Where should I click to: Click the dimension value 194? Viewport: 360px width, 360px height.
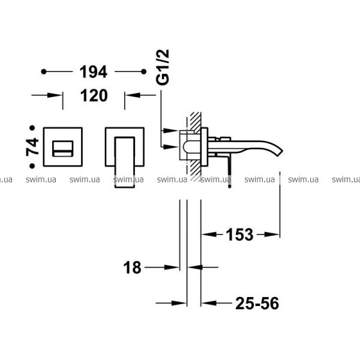click(93, 72)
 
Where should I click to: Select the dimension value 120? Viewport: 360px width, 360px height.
click(94, 95)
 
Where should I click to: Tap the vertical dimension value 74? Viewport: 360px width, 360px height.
click(32, 147)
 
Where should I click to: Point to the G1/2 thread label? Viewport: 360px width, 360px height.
click(163, 67)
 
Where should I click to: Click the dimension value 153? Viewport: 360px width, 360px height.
click(239, 235)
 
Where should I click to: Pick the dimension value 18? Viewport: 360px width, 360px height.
click(132, 268)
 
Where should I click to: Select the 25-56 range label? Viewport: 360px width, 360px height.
click(257, 303)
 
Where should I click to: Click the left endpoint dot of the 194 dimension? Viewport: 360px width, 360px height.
click(44, 72)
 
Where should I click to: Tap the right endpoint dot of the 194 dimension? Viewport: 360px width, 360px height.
click(144, 72)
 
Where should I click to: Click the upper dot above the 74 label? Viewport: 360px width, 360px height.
click(32, 128)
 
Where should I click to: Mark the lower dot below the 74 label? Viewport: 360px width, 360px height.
click(32, 166)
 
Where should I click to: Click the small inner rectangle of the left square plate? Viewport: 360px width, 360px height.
click(63, 149)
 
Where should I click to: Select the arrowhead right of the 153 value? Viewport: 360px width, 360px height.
click(272, 235)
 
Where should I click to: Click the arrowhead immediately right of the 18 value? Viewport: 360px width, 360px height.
click(172, 267)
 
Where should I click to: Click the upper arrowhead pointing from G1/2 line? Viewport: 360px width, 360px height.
click(170, 131)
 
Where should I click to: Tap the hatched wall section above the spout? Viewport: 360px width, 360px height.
click(196, 122)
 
